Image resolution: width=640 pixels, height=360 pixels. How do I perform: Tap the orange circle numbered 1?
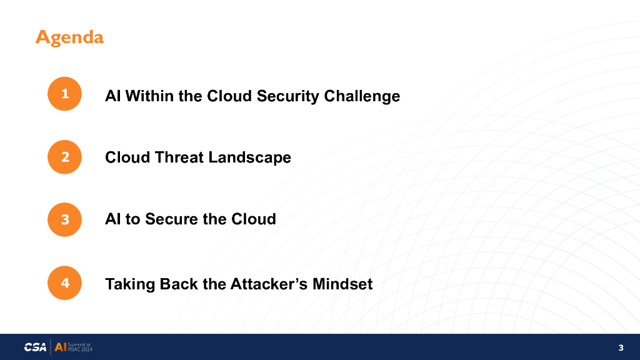click(64, 94)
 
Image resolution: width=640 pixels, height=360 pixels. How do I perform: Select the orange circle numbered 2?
click(64, 157)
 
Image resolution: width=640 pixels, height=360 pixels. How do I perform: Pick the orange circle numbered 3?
click(64, 219)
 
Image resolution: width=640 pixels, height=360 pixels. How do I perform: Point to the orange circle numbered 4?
click(64, 283)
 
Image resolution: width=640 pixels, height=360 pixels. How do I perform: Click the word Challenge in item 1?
click(362, 97)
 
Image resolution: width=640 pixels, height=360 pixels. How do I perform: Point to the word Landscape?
click(249, 158)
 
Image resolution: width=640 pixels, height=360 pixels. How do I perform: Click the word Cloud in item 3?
click(254, 219)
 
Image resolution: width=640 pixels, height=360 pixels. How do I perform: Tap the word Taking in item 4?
click(130, 285)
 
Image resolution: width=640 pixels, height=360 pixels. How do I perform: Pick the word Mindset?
click(342, 284)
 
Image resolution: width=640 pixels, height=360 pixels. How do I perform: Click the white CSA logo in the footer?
click(35, 347)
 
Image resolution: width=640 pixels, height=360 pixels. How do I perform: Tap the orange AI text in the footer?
click(61, 347)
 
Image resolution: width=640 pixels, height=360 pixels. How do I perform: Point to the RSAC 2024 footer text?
click(80, 349)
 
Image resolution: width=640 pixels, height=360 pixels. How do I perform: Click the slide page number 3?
click(621, 347)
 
